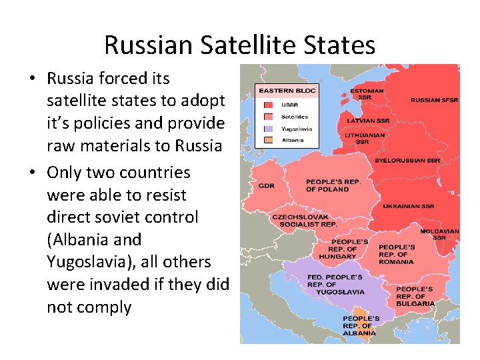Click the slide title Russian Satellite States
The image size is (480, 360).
(240, 45)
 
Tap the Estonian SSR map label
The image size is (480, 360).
(367, 94)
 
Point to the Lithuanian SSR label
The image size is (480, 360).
(365, 138)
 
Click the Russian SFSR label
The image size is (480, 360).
(434, 100)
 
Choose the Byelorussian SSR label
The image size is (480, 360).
(417, 161)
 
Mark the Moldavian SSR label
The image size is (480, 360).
(439, 234)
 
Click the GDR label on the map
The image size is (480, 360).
(267, 186)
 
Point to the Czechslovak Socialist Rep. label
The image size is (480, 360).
(305, 221)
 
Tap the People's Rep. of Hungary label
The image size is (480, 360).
(350, 249)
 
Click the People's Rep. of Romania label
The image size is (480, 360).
(397, 254)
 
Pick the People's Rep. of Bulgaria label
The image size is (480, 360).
(415, 296)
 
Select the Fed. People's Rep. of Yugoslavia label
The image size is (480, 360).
(335, 284)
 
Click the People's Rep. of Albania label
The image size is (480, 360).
(361, 325)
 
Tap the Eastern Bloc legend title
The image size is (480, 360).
(287, 90)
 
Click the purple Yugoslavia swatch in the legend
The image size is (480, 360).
(268, 129)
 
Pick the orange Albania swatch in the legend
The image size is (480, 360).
(268, 140)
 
